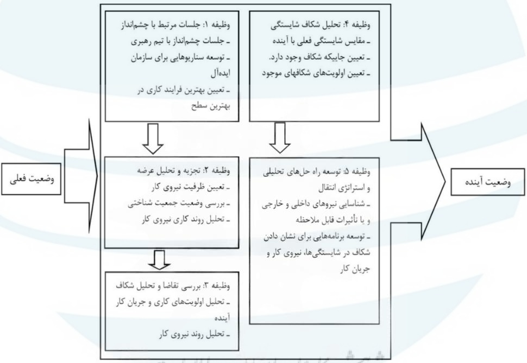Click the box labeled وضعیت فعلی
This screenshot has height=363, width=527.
[31, 179]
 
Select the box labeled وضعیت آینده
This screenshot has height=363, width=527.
[487, 182]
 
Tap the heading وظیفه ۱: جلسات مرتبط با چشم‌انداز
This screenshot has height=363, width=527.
[175, 25]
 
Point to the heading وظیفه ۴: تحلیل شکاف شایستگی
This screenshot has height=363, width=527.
[321, 25]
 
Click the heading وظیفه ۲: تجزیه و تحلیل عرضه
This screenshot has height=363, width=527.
[184, 170]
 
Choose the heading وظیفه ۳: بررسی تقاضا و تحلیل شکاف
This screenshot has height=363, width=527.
[173, 286]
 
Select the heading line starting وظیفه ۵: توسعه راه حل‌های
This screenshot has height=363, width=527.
[317, 172]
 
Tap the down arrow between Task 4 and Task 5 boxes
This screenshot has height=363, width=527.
[280, 138]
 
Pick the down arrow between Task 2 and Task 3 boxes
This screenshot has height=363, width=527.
[160, 259]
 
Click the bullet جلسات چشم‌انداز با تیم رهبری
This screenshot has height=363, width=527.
[180, 42]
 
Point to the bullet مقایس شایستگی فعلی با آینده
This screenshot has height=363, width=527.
[321, 42]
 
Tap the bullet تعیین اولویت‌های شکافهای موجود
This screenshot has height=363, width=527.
[316, 74]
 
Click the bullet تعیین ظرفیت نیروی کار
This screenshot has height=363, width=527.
[191, 187]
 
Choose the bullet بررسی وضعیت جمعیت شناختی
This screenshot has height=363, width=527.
[179, 203]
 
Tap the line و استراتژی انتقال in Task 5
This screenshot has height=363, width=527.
[344, 188]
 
